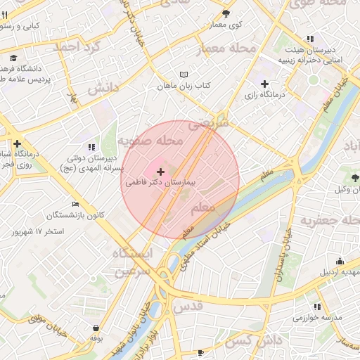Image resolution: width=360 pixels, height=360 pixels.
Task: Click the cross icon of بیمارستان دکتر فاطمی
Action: tap(161, 172)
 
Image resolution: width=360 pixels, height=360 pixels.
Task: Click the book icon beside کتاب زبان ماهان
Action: tap(184, 75)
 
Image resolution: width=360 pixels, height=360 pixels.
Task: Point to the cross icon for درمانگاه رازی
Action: tap(264, 84)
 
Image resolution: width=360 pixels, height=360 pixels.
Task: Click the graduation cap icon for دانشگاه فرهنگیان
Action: tap(13, 58)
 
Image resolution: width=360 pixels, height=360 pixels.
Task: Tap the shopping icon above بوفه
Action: tap(96, 327)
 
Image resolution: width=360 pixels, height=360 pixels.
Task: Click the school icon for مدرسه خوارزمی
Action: tap(317, 307)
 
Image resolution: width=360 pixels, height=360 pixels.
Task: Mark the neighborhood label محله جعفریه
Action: tap(330, 220)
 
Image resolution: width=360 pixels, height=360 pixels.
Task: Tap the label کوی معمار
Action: tap(225, 25)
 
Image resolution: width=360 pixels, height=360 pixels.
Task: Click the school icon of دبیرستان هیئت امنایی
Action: tap(310, 39)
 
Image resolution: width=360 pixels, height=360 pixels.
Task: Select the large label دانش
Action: tap(105, 89)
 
